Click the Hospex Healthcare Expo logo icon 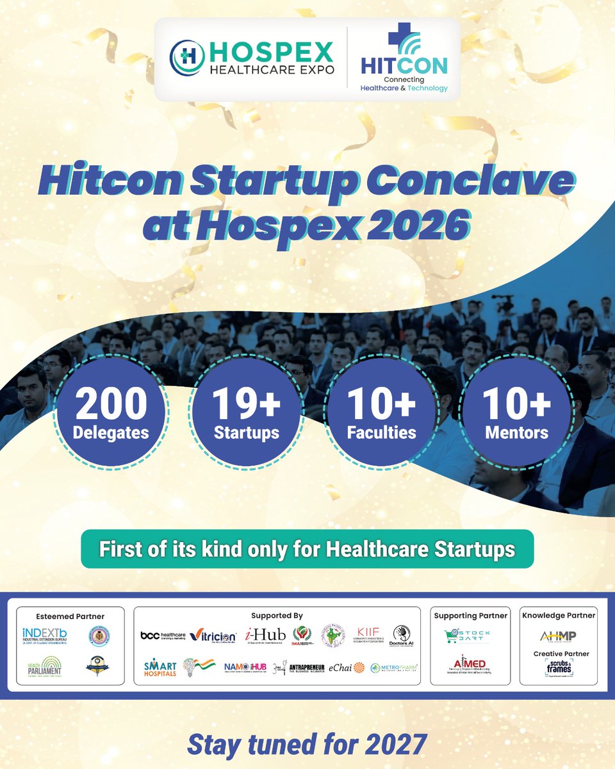(x=184, y=58)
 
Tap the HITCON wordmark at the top (x=404, y=65)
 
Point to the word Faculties (x=382, y=433)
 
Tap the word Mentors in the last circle (x=516, y=433)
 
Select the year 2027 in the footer (x=393, y=745)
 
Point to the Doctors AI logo (x=402, y=635)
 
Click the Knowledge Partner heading (x=559, y=615)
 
